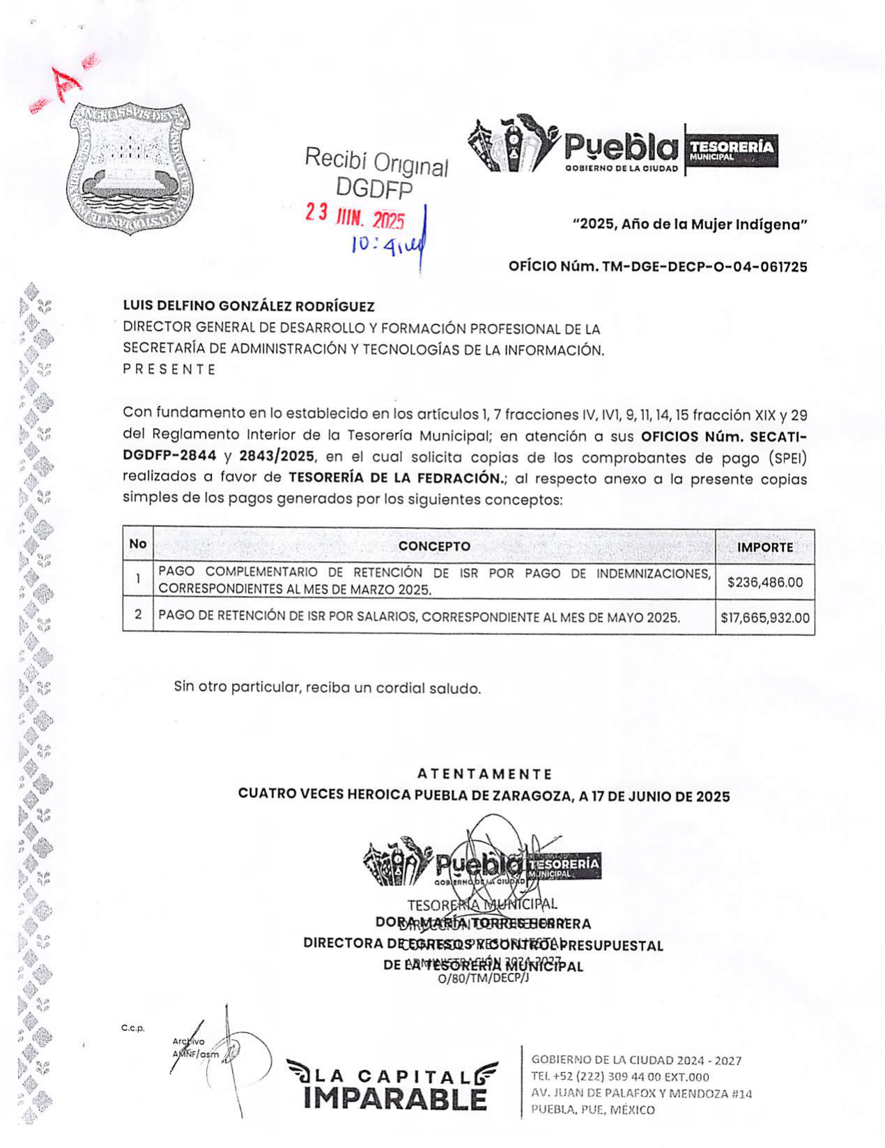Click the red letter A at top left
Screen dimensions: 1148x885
click(x=68, y=83)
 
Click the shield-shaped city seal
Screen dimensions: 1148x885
click(x=130, y=167)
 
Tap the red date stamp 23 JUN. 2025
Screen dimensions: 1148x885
click(x=355, y=217)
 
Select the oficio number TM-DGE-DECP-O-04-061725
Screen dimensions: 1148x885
click(x=657, y=266)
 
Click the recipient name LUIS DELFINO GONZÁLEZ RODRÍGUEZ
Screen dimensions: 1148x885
click(x=249, y=306)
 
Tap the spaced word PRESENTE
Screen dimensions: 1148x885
click(x=169, y=370)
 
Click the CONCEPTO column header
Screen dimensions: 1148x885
click(x=434, y=546)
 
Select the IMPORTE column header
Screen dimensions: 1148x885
click(x=765, y=547)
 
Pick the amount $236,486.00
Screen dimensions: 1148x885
click(x=765, y=581)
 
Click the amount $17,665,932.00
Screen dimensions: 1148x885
click(x=765, y=618)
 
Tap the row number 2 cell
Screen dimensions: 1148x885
click(x=138, y=615)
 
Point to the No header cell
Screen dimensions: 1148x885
click(x=138, y=544)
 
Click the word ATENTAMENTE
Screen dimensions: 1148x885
click(x=484, y=774)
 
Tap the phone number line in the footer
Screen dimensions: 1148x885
click(x=619, y=1077)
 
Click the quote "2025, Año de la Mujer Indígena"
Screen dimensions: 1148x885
click(x=690, y=224)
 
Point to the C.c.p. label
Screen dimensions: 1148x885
click(x=132, y=1028)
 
